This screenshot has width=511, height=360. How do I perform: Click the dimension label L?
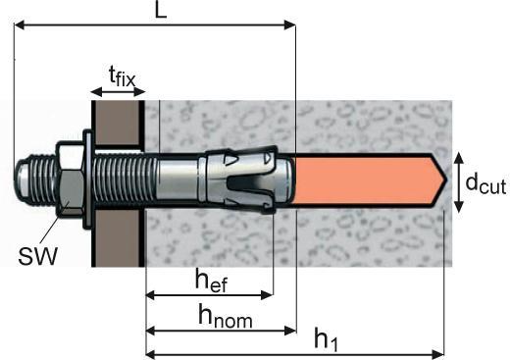161,11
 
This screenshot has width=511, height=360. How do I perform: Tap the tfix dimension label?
122,77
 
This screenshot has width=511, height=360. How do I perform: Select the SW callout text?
38,256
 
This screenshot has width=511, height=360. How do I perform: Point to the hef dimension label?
211,281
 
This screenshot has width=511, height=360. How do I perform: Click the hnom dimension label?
226,316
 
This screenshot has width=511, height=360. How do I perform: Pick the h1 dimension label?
326,339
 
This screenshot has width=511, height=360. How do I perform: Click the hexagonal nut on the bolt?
70,179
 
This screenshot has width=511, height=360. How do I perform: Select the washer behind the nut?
88,180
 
